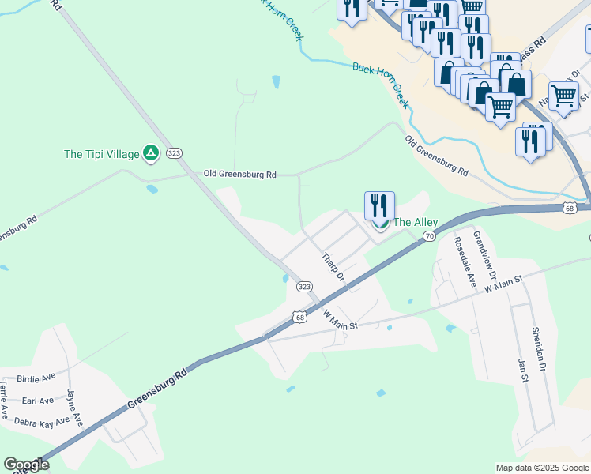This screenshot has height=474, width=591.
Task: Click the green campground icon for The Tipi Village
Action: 151,152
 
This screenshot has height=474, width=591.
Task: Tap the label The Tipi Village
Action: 101,154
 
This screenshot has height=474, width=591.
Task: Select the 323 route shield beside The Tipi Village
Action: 175,153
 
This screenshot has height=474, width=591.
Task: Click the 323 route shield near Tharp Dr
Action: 304,287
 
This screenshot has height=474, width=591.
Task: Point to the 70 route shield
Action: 429,235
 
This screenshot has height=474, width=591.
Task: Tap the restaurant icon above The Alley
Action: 379,205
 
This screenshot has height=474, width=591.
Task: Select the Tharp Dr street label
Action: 333,268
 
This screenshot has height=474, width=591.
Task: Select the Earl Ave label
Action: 38,401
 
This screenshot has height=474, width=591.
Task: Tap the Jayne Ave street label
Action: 75,405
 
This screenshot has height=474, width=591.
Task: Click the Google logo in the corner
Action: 26,465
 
